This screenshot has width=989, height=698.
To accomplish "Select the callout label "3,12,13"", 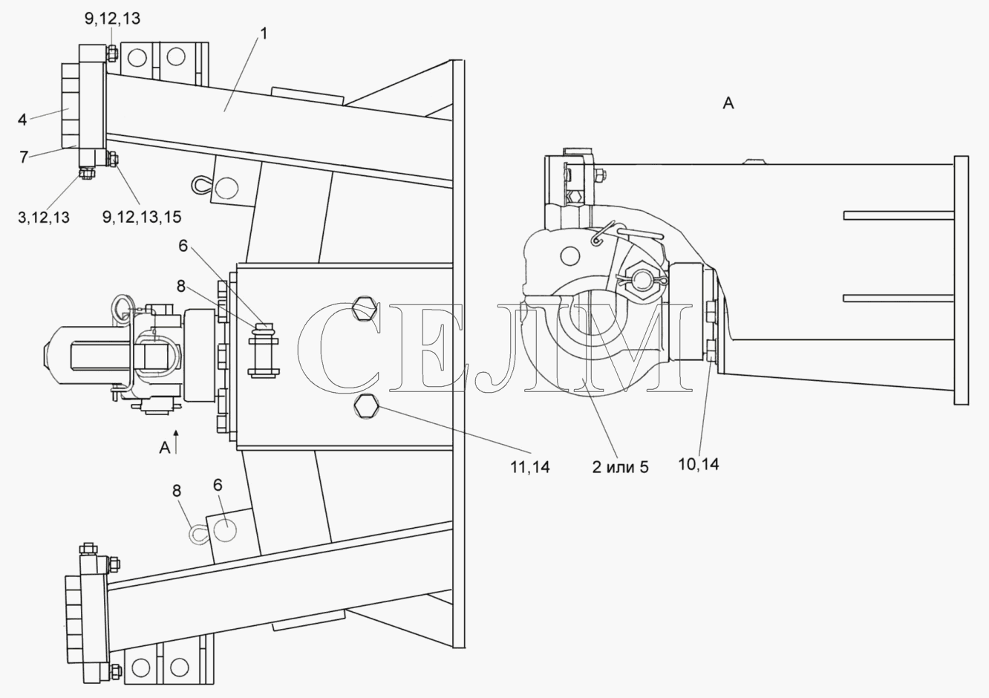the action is pyautogui.click(x=44, y=218).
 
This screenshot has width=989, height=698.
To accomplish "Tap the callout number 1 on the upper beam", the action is pyautogui.click(x=264, y=33).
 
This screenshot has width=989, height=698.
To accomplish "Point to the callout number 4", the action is pyautogui.click(x=22, y=120).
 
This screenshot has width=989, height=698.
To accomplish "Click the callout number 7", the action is pyautogui.click(x=24, y=157).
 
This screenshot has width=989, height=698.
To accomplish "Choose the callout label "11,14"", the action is pyautogui.click(x=530, y=467).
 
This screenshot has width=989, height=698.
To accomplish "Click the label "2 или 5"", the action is pyautogui.click(x=620, y=467).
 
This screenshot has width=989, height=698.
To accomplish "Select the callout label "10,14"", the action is pyautogui.click(x=699, y=464).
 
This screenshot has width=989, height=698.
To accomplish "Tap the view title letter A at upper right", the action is pyautogui.click(x=728, y=103).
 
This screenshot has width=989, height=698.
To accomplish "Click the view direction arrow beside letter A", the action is pyautogui.click(x=176, y=442).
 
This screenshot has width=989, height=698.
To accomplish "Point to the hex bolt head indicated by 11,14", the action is pyautogui.click(x=366, y=406).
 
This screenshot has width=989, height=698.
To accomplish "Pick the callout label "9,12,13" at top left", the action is pyautogui.click(x=112, y=19).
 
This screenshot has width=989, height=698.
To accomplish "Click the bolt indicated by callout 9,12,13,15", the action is pyautogui.click(x=113, y=158).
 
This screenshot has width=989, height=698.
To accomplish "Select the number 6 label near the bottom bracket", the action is pyautogui.click(x=218, y=485).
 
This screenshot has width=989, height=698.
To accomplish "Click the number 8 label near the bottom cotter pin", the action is pyautogui.click(x=177, y=491).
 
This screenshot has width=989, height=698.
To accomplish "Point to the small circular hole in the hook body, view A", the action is pyautogui.click(x=569, y=256).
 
